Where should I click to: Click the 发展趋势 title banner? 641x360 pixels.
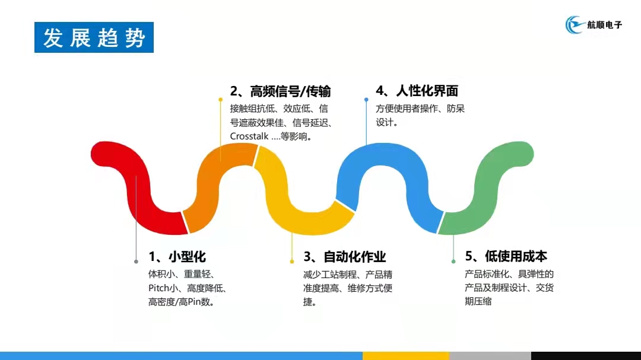pyautogui.click(x=94, y=37)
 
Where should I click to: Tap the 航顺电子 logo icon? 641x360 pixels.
pyautogui.click(x=575, y=24)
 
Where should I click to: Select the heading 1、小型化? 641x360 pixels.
pyautogui.click(x=177, y=257)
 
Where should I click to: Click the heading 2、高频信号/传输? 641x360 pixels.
pyautogui.click(x=280, y=91)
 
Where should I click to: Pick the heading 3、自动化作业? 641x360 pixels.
pyautogui.click(x=345, y=257)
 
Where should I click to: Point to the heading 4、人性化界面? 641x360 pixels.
pyautogui.click(x=417, y=91)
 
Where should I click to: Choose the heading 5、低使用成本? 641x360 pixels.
pyautogui.click(x=506, y=256)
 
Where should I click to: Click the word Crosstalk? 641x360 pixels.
pyautogui.click(x=249, y=136)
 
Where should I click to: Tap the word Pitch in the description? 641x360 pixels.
pyautogui.click(x=158, y=288)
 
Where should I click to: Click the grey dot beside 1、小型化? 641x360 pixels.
pyautogui.click(x=136, y=262)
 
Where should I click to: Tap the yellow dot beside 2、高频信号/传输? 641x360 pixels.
pyautogui.click(x=220, y=100)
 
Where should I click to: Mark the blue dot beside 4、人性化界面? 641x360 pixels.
pyautogui.click(x=366, y=100)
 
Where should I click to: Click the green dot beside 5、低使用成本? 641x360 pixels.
pyautogui.click(x=453, y=262)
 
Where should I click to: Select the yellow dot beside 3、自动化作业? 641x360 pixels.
pyautogui.click(x=292, y=262)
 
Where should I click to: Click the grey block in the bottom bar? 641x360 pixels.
pyautogui.click(x=490, y=356)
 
